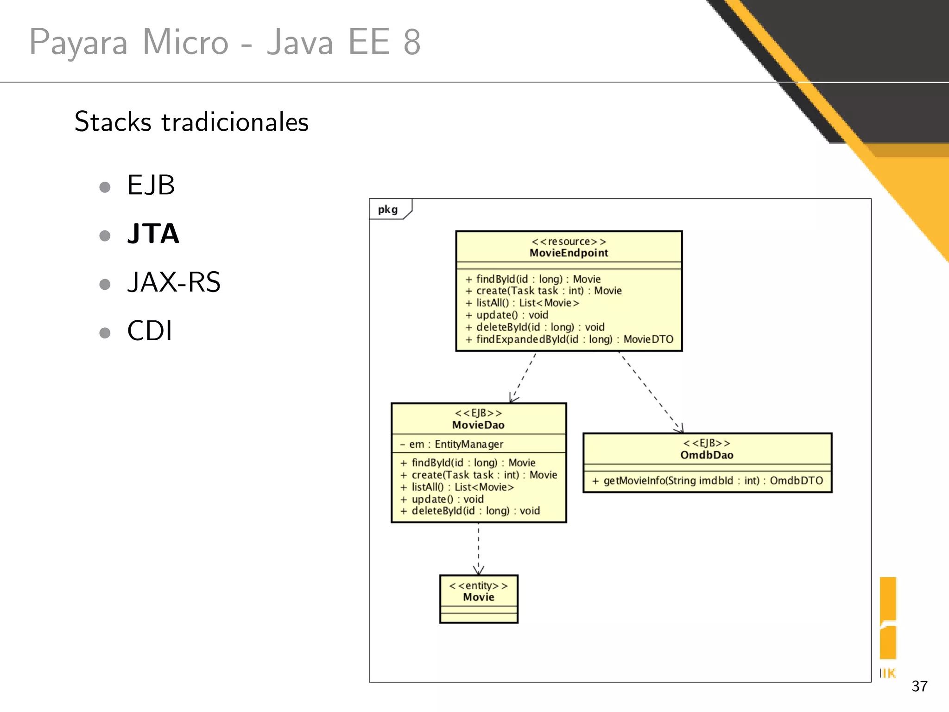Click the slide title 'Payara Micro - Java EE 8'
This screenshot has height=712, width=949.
point(225,42)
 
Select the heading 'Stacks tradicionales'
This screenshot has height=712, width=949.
point(191,122)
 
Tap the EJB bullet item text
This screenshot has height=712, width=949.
point(151,185)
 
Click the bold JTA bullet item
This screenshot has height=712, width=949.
point(153,233)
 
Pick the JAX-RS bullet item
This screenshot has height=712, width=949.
point(174,282)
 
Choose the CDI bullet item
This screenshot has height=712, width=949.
point(150,331)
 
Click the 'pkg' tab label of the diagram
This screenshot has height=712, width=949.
point(388,210)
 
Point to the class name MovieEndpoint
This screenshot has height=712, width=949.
point(569,253)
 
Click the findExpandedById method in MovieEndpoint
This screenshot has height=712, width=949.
point(569,339)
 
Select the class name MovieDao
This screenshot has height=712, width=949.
point(478,425)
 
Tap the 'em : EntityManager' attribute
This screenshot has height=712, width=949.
point(452,444)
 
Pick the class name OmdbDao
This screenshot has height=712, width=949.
point(707,455)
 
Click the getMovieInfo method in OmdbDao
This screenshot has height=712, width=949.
point(707,481)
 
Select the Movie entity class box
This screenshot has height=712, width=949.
point(479,598)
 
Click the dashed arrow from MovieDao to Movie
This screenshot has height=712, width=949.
point(479,549)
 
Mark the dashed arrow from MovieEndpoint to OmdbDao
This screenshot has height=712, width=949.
point(651,392)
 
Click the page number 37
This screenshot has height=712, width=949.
point(919,686)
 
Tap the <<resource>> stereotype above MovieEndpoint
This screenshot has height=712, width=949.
point(569,242)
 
